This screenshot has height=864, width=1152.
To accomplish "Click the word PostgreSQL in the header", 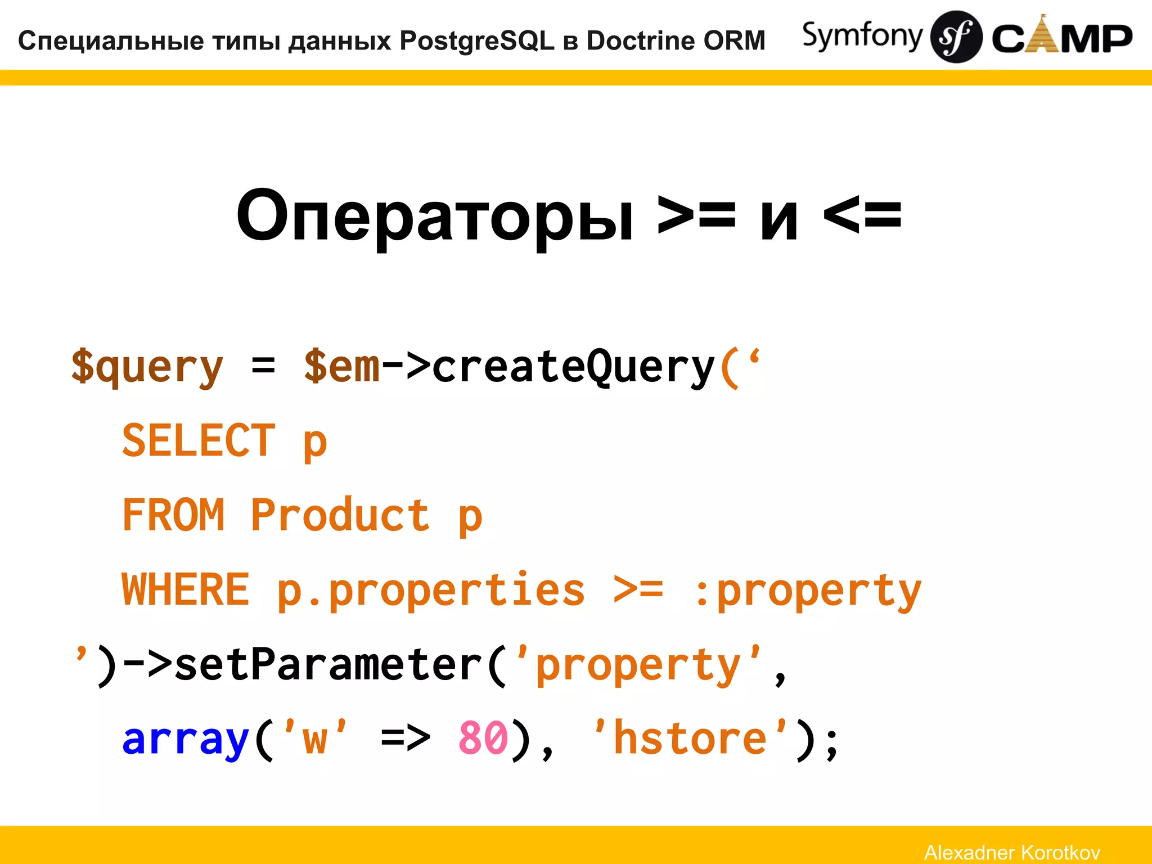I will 477,40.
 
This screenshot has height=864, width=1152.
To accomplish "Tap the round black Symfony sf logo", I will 956,37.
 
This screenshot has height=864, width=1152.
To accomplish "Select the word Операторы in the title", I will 435,217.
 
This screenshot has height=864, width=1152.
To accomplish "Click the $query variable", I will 147,367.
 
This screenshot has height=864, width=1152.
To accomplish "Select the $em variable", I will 342,367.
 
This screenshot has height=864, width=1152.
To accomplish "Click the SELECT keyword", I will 199,441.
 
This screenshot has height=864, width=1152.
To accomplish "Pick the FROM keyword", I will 173,515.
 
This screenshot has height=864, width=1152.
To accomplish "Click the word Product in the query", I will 340,515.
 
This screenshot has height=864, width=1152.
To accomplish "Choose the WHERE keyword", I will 186,589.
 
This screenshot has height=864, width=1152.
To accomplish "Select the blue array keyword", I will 186,739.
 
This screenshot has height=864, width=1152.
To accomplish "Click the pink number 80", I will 483,738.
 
